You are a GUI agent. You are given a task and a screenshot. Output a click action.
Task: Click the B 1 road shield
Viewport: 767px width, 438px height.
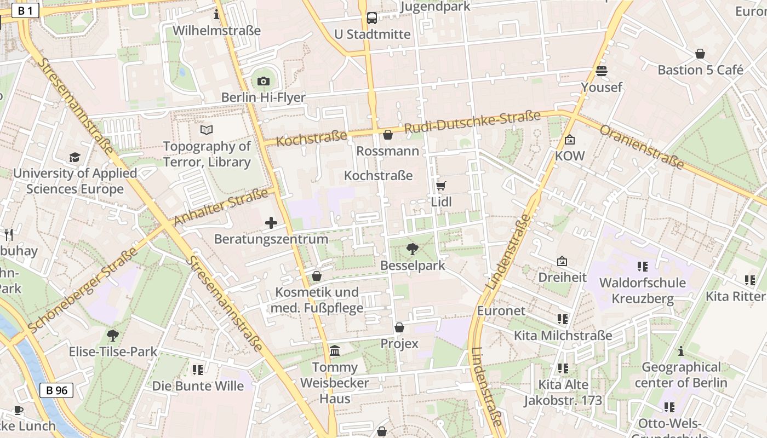tap(26, 10)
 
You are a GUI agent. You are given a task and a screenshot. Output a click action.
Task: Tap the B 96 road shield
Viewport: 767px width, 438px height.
tap(56, 390)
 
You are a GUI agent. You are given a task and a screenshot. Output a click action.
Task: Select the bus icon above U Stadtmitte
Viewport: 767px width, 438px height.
tap(372, 18)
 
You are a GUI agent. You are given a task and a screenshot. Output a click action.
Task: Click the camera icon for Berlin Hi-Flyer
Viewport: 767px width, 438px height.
tap(264, 82)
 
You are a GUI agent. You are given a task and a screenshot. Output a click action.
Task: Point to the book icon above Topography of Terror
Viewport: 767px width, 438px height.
tap(207, 130)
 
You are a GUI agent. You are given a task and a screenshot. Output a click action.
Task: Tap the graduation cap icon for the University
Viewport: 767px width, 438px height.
tap(75, 158)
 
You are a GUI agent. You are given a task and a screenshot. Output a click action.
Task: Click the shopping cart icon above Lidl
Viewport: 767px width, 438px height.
tap(441, 186)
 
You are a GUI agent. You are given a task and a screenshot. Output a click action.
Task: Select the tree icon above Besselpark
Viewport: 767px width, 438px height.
tap(413, 250)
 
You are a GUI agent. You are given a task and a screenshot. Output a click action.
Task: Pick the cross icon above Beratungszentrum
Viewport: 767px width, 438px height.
tap(271, 223)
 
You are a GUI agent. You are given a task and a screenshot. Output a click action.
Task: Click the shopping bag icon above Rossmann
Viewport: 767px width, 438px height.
tap(388, 134)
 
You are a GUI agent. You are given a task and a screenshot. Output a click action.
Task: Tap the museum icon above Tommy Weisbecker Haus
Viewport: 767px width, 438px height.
tap(335, 350)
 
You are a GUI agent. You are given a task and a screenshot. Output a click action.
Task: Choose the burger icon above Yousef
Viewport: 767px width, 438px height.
tap(602, 71)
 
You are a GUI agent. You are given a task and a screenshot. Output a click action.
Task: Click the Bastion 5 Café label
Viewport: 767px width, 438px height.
tap(700, 70)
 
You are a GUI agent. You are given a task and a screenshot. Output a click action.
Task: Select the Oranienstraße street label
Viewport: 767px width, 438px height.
tap(642, 147)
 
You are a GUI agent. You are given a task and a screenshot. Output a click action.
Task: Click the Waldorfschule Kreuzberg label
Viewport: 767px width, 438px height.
tap(643, 291)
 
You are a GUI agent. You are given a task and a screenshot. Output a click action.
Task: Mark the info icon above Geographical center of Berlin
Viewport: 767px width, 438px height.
tap(681, 351)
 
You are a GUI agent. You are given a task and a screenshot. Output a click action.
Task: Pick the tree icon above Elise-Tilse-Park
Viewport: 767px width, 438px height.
tap(113, 335)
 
